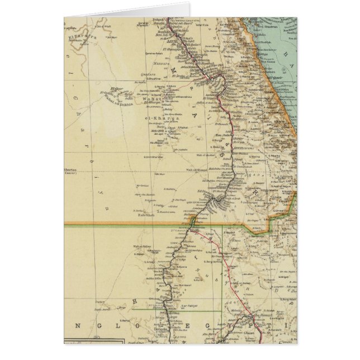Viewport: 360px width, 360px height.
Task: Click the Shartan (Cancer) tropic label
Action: pyautogui.click(x=72, y=173)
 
